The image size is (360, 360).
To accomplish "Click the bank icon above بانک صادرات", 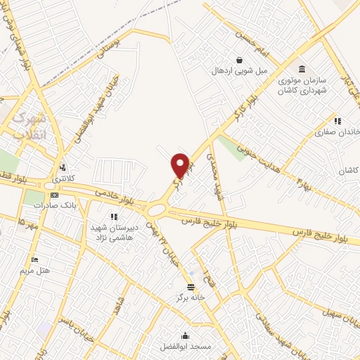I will click(53, 195).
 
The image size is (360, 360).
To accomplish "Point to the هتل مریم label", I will click(35, 271).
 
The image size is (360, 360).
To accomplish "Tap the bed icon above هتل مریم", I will click(35, 260).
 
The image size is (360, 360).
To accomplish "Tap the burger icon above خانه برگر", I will click(191, 286).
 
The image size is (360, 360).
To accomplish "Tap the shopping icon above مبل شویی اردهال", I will click(240, 60).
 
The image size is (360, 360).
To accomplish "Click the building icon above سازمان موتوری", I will click(302, 69).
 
